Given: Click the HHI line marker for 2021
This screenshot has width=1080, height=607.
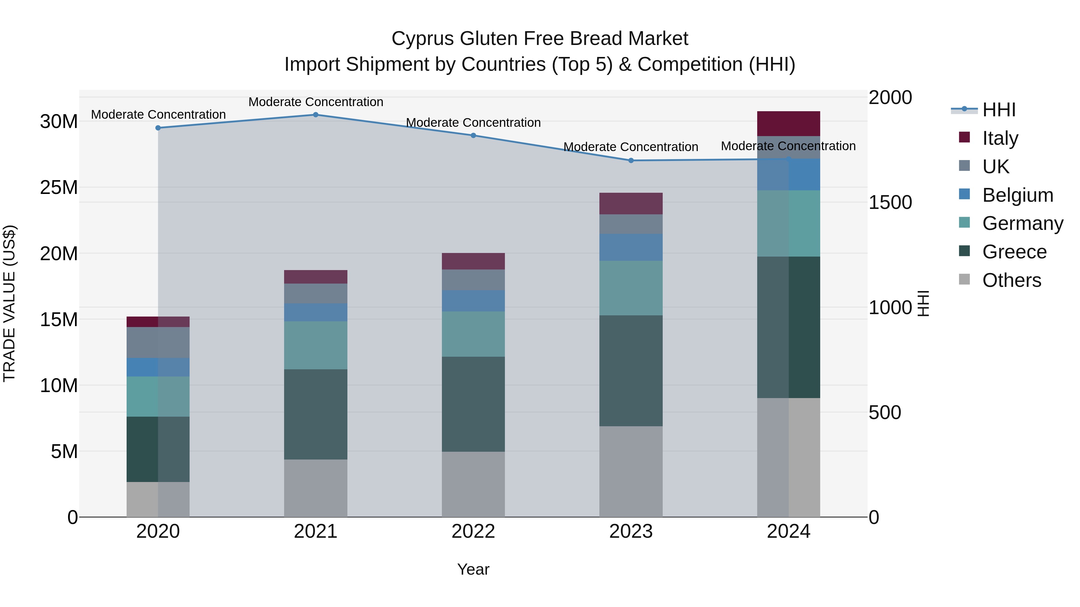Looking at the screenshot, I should [316, 115].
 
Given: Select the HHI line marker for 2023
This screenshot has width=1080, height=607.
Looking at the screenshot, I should [631, 160].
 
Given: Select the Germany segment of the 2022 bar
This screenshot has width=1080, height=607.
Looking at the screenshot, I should [473, 334].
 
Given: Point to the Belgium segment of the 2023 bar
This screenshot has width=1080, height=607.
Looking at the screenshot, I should [631, 247].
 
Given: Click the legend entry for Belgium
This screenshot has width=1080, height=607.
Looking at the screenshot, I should [1018, 195].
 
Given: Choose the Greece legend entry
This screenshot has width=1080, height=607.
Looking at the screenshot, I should [1014, 252].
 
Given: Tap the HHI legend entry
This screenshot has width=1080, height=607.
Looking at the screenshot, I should [999, 110].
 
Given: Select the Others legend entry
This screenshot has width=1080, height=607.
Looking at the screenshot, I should [1011, 280].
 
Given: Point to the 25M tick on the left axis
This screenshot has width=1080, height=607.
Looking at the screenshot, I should [59, 187].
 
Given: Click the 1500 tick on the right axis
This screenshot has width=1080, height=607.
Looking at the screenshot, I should [890, 202].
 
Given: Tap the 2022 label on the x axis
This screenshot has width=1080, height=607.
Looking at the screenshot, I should [473, 531].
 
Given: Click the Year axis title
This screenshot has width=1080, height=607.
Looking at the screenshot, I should [473, 569].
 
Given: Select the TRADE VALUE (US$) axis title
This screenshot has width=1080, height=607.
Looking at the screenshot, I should [9, 303].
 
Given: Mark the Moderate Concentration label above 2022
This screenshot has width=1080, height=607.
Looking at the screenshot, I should [473, 123].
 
